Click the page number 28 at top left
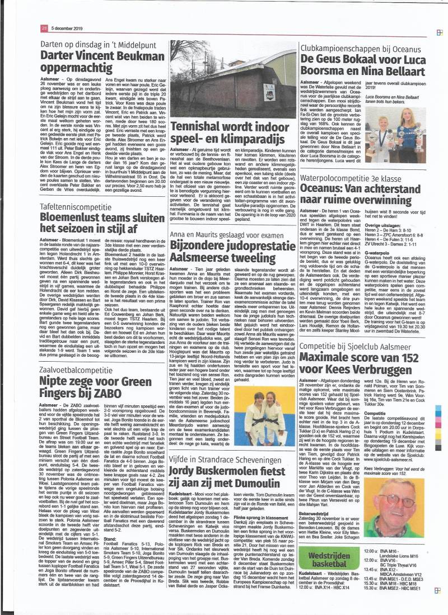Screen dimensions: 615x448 [x=43, y=29]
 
